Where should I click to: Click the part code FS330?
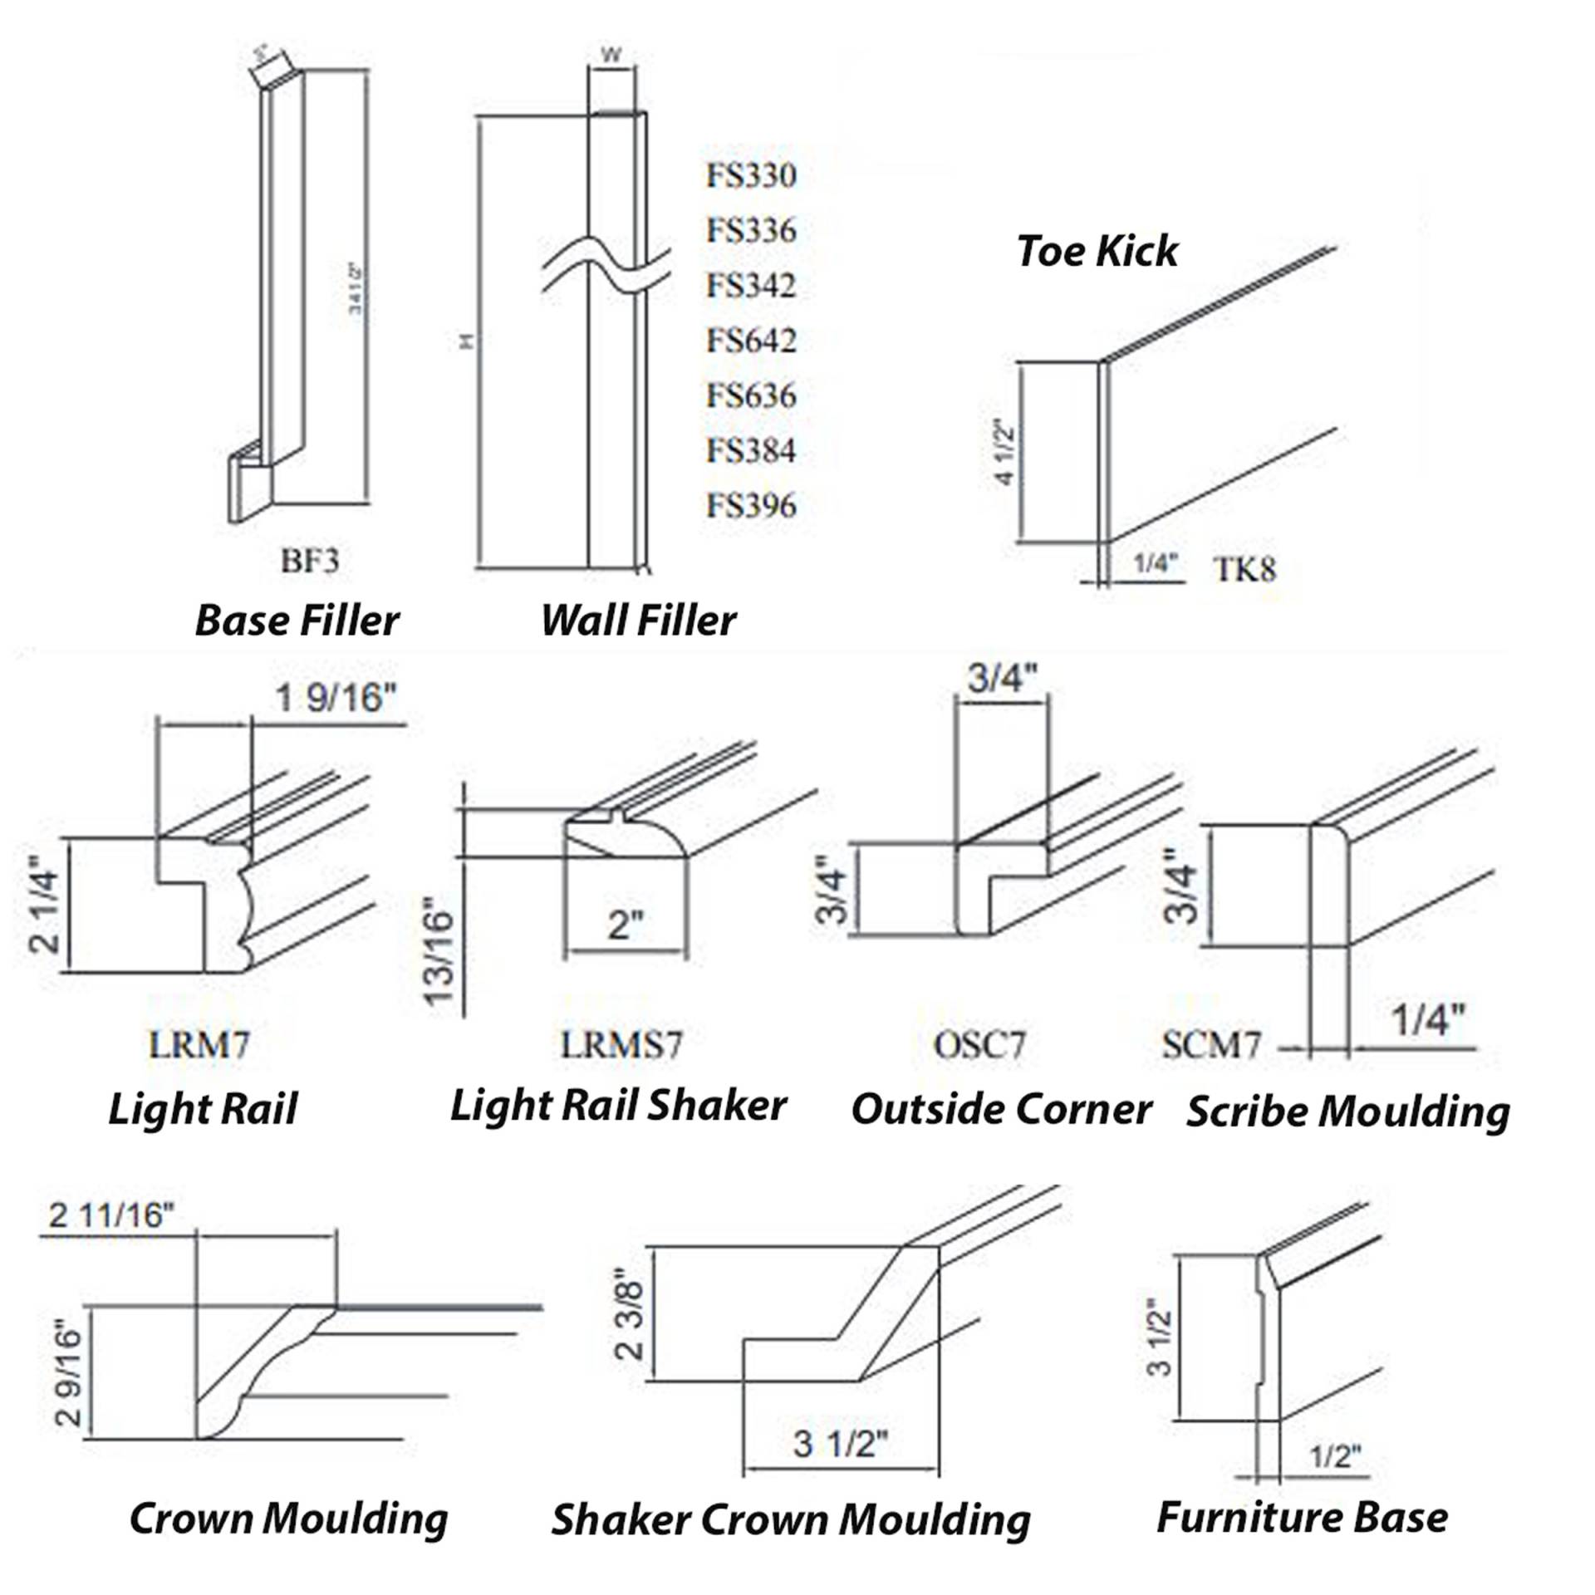751,175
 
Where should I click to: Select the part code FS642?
751,341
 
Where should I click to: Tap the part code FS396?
751,505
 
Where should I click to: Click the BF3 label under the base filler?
310,562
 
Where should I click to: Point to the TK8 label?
1244,569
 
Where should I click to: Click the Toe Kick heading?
1097,251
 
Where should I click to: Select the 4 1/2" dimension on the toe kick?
1004,454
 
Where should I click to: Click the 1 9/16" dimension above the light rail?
336,698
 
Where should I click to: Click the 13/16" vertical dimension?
441,951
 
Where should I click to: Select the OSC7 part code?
979,1044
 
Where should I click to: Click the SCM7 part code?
1212,1045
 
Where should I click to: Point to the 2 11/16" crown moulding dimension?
111,1215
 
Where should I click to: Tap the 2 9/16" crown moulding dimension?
70,1373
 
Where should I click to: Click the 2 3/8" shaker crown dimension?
631,1313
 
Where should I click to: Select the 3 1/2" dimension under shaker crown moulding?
840,1444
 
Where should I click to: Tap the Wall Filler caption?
638,621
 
